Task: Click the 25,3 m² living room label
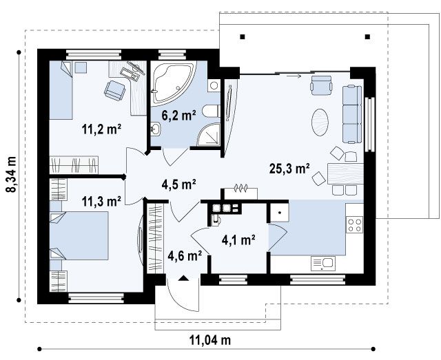tap(289, 169)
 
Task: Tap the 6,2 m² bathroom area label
tap(178, 115)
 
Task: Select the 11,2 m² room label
tap(101, 129)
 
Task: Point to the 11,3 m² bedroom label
tap(101, 201)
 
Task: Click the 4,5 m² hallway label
tap(179, 184)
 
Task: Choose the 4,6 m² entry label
tap(185, 255)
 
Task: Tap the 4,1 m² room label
tap(238, 240)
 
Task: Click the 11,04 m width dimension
tap(210, 340)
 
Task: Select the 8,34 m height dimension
tap(12, 174)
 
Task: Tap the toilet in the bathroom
tap(212, 111)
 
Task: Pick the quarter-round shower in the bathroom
tap(208, 135)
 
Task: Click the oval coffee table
tap(320, 123)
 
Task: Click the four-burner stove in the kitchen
tap(354, 225)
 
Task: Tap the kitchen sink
tap(323, 264)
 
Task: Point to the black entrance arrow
tap(183, 278)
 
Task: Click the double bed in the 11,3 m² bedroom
tap(79, 236)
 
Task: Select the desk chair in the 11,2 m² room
tap(115, 90)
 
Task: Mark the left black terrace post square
tap(243, 36)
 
